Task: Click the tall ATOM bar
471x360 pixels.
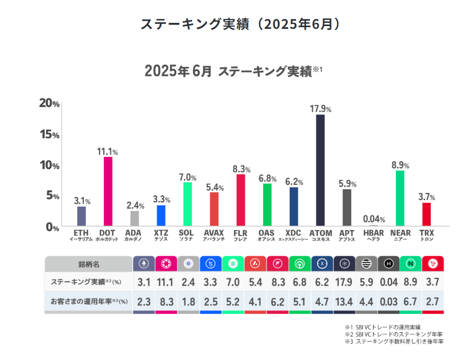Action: (320, 170)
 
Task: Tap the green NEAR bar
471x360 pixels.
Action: (400, 198)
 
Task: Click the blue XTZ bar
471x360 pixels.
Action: (161, 215)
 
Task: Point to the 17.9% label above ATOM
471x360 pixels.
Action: (320, 109)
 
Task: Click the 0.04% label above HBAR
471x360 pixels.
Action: (374, 220)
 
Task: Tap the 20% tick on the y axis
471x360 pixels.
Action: (49, 103)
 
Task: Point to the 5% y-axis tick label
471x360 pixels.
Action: (51, 196)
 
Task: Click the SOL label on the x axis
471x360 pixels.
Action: (187, 233)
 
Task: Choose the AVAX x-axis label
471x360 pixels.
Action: (214, 233)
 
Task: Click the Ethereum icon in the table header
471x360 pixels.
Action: (144, 264)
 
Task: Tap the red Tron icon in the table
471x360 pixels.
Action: (433, 264)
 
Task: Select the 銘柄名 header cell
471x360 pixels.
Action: (88, 264)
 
